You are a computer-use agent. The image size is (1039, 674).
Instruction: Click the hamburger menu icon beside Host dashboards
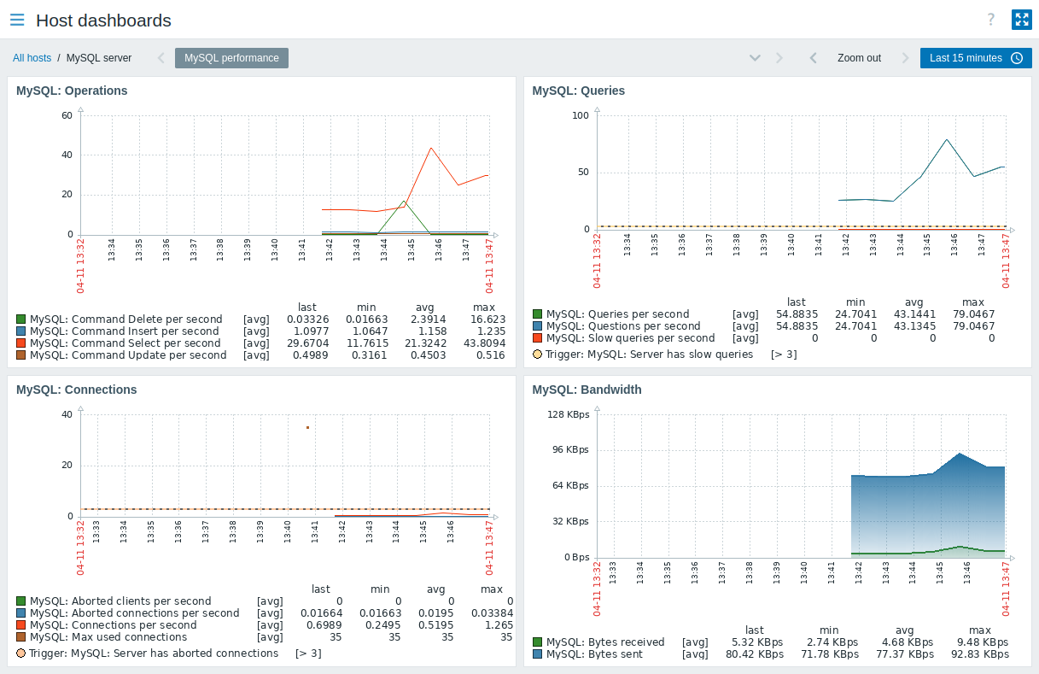[17, 20]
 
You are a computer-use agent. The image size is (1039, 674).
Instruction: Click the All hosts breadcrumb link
[32, 58]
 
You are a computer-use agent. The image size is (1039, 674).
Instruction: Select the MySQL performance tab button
[231, 58]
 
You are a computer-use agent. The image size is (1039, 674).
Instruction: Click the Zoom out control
[858, 58]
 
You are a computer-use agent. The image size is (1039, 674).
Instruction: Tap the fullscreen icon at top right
[1021, 20]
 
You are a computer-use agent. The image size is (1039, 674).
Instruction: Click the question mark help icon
[991, 20]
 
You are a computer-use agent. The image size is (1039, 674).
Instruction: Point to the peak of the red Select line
[432, 148]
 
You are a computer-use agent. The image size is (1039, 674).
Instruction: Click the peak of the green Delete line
[405, 202]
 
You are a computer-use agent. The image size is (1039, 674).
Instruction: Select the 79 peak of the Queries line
[947, 139]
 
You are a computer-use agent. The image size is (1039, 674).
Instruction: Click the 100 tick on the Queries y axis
[581, 114]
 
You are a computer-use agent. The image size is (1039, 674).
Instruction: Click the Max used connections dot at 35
[307, 427]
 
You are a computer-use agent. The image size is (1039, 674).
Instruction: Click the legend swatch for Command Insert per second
[21, 331]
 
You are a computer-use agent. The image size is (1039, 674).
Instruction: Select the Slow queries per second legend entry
[630, 338]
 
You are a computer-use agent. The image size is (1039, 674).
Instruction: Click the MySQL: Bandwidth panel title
[587, 390]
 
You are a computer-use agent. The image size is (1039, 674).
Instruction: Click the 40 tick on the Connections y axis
[67, 414]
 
